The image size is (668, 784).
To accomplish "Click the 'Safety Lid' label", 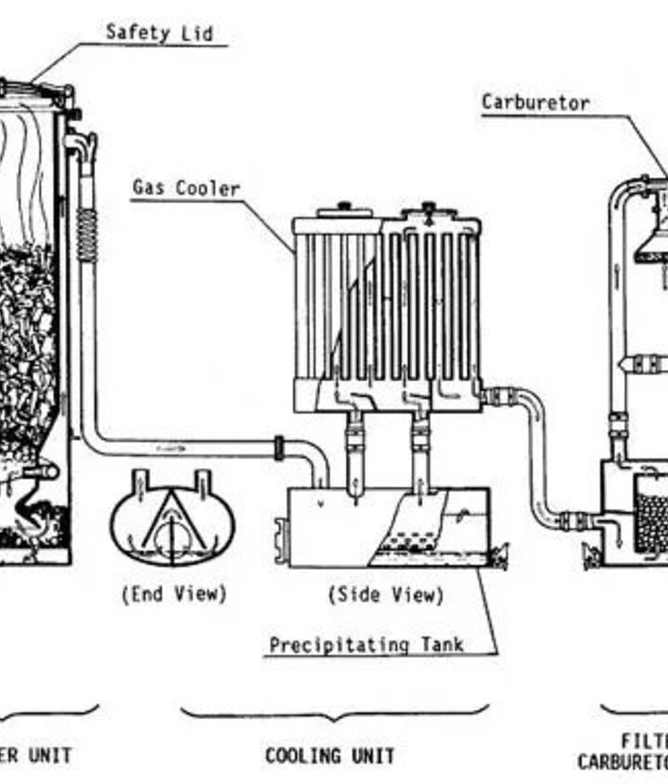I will pos(159,32).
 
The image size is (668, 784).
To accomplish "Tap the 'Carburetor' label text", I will pos(535,102).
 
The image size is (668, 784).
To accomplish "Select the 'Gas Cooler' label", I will pos(186,188).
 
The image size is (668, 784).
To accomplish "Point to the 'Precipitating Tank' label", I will pos(366,644).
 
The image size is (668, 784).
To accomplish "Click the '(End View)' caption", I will pos(173,594).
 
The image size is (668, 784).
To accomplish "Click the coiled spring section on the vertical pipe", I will pos(87,234).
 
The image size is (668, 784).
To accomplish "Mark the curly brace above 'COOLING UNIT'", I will pos(334,714).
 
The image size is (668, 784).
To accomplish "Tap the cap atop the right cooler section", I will pos(429,206).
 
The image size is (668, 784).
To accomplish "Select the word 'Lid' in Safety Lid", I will pos(198,32).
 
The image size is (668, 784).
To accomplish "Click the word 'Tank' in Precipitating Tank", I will pos(441,644).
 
